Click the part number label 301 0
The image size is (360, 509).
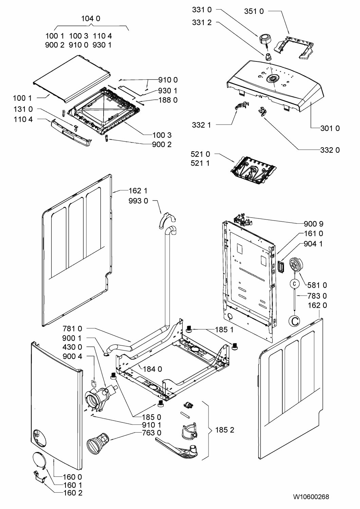click(x=330, y=128)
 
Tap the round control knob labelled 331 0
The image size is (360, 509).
click(x=264, y=39)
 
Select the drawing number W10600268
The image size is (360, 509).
click(x=311, y=497)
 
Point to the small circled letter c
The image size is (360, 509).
click(x=294, y=283)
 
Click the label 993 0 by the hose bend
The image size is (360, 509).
click(x=138, y=201)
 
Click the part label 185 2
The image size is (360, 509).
click(x=224, y=430)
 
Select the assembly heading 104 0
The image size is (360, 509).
click(x=91, y=19)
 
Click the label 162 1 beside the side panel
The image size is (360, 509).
click(x=138, y=191)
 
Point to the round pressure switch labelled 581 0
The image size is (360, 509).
click(x=296, y=265)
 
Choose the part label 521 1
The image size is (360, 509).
click(x=200, y=163)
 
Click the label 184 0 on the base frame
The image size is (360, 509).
click(x=152, y=369)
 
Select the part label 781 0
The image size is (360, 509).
click(x=72, y=328)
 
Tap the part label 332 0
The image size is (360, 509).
click(x=330, y=150)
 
